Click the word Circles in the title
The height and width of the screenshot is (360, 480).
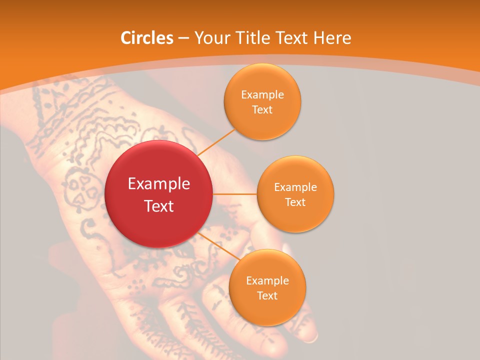147,38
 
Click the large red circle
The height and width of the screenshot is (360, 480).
158,194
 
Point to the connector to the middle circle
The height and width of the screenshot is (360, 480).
235,194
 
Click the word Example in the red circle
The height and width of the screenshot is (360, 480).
158,184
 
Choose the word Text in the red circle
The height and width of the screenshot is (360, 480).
158,206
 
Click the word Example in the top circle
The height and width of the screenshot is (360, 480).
262,95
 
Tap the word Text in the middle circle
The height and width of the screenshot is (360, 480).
295,202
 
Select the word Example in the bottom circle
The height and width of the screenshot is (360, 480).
267,281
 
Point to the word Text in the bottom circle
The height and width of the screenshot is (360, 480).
267,295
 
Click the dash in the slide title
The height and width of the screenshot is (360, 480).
183,38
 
